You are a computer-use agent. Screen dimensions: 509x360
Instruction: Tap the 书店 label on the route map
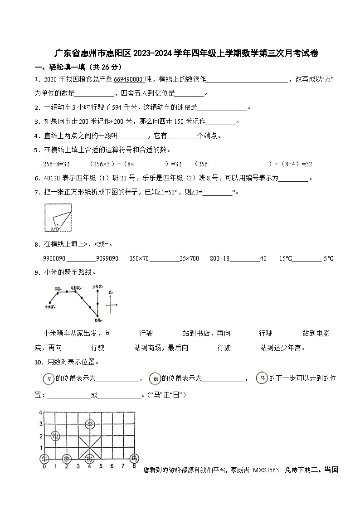(57, 288)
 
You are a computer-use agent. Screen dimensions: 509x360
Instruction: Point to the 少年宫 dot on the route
(97, 291)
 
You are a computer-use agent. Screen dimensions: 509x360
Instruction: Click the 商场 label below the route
(97, 320)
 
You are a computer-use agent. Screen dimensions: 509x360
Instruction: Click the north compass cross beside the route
(111, 305)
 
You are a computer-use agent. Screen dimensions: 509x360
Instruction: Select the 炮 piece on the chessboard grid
(55, 436)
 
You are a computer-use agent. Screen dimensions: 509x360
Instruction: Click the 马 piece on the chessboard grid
(134, 458)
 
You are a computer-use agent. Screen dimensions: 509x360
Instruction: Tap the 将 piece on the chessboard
(90, 458)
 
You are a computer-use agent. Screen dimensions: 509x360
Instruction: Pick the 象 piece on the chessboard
(67, 458)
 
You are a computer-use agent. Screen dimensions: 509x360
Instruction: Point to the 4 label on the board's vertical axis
(40, 412)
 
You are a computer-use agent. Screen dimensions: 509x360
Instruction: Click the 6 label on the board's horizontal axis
(112, 466)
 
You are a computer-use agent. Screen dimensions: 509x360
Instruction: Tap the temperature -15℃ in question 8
(284, 258)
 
